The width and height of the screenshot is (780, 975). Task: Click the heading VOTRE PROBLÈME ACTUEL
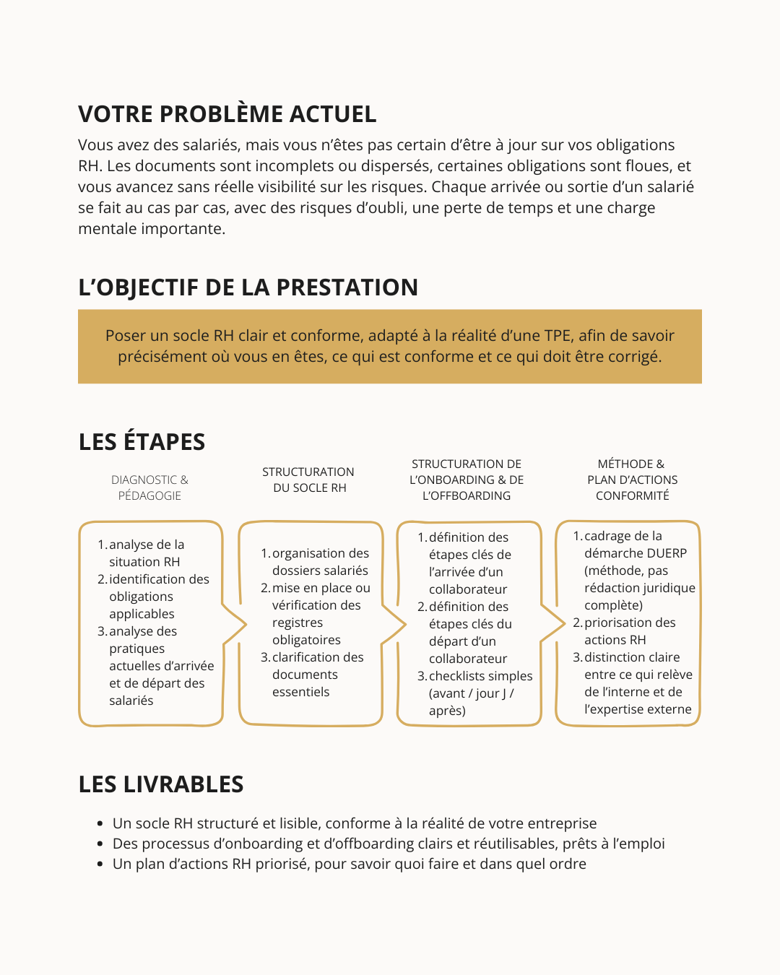(227, 114)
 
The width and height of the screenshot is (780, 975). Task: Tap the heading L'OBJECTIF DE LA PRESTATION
(248, 287)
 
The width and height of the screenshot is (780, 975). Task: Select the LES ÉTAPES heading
(142, 442)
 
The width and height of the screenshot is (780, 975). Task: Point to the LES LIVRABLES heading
(160, 784)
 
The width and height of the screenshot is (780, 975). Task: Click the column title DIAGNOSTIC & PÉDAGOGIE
(149, 487)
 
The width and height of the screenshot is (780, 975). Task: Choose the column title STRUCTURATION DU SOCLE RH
(308, 480)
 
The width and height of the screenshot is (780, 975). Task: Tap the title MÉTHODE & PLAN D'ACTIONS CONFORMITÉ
(632, 480)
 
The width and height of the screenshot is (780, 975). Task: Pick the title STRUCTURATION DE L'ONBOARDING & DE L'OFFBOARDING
(467, 480)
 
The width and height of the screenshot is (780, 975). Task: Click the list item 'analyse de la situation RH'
(145, 553)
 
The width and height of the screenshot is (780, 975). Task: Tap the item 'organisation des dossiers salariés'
(320, 562)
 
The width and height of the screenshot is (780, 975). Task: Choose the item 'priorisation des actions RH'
(629, 631)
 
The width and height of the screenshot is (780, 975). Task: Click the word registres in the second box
(298, 623)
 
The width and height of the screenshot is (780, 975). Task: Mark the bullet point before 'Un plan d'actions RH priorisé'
(100, 864)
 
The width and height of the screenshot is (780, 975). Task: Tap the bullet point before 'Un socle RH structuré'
(100, 824)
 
